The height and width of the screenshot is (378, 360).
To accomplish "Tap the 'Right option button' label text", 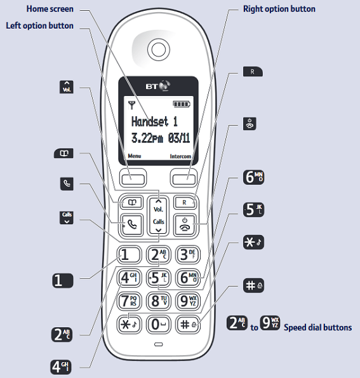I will [279, 10].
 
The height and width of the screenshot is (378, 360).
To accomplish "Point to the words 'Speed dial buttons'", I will [317, 328].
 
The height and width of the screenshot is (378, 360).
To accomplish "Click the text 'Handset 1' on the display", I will [154, 121].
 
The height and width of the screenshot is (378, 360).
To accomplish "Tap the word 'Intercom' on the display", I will [180, 156].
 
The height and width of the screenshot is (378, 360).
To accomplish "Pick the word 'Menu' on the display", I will [135, 156].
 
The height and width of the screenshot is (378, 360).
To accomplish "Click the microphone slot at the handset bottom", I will [157, 346].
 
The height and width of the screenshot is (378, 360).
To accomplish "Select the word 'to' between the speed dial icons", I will [253, 328].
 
